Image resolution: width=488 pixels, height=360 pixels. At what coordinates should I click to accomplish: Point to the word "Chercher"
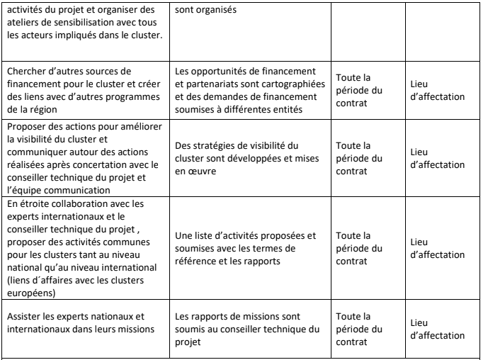(x=25, y=71)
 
